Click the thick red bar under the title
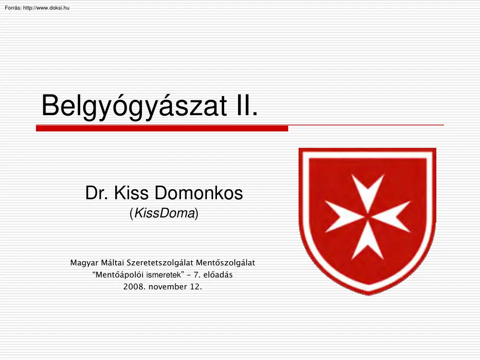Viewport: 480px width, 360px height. click(x=162, y=129)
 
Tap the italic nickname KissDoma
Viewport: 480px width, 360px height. click(x=164, y=214)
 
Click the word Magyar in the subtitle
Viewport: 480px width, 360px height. click(x=84, y=263)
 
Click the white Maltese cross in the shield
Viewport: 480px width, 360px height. click(x=368, y=216)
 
